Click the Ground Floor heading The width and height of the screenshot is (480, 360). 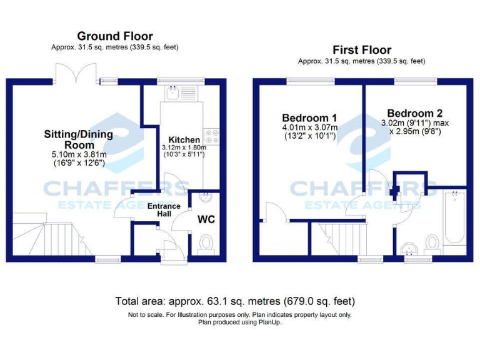(114, 36)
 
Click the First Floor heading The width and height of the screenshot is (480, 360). (362, 50)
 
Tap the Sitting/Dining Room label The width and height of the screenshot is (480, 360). (78, 139)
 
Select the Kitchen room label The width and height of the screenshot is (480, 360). (185, 139)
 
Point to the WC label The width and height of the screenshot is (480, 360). (206, 220)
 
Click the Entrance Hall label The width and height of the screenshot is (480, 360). (164, 210)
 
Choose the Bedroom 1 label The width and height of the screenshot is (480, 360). (309, 117)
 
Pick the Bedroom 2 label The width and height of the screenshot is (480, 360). (414, 113)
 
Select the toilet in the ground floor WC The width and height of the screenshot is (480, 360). (206, 242)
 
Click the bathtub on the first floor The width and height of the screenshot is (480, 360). (453, 219)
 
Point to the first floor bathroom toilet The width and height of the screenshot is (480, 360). (432, 242)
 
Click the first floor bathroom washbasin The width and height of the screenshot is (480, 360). (410, 247)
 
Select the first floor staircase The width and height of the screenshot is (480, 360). (341, 239)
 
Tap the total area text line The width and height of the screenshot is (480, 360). (235, 301)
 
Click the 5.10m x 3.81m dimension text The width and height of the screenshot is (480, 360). (78, 155)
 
